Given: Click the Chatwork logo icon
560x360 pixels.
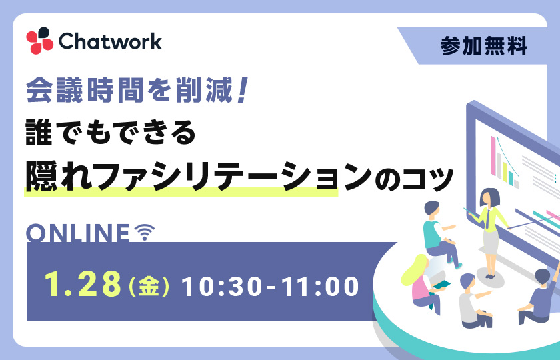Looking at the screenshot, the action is click(x=39, y=41).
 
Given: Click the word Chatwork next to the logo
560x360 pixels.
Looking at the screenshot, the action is click(x=110, y=41).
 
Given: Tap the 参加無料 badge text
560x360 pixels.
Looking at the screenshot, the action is click(x=483, y=46).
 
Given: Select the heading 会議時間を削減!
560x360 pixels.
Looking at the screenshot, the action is click(x=137, y=90).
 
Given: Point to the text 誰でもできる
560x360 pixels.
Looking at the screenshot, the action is click(x=111, y=132).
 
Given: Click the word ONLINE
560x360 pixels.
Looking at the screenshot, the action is click(x=78, y=233).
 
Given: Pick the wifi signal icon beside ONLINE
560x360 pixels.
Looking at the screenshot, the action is click(x=144, y=232).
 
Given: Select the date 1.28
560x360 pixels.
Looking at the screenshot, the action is click(x=83, y=284).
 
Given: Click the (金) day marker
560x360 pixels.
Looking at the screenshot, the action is click(x=149, y=286).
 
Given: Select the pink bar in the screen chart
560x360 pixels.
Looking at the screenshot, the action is click(x=493, y=156).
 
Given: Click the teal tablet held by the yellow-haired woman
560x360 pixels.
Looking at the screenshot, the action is click(x=441, y=285).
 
